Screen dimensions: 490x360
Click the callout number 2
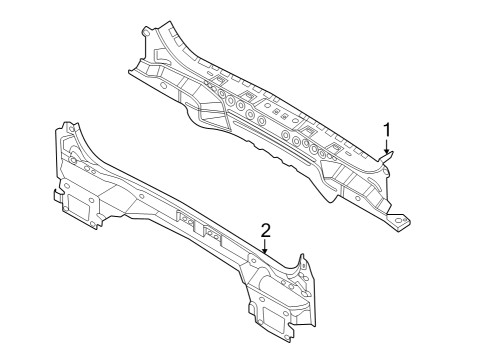pos(265,230)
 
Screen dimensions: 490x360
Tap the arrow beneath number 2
pos(265,246)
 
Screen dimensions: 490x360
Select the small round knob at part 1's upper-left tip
pos(148,31)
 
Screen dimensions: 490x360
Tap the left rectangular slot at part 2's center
pos(184,216)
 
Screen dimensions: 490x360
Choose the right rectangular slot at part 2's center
pos(212,233)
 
